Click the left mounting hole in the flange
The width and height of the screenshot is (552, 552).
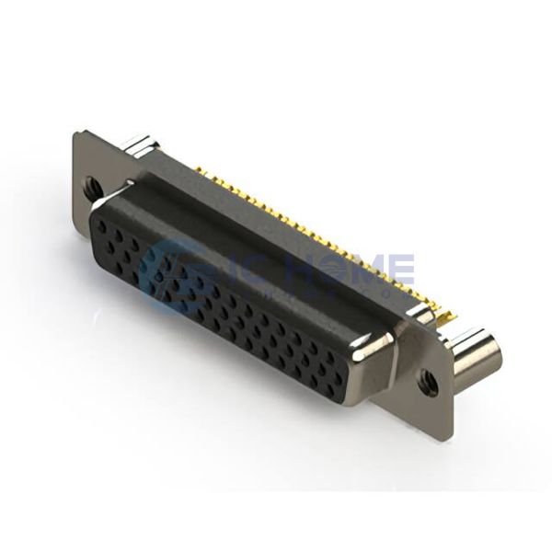click(x=94, y=188)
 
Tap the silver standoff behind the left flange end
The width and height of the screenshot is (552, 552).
click(x=140, y=144)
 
